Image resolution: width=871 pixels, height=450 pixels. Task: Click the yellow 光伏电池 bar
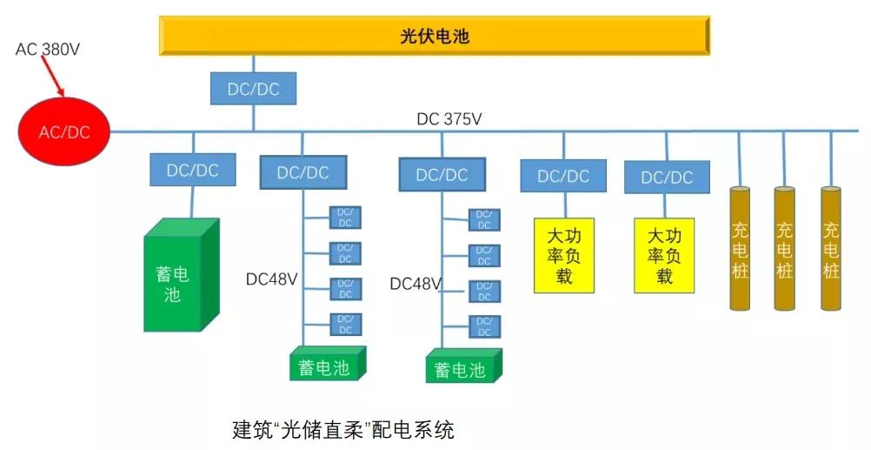click(x=434, y=37)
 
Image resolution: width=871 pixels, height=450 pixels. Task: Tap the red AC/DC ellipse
click(x=64, y=132)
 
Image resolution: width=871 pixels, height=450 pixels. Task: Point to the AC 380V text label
click(x=48, y=50)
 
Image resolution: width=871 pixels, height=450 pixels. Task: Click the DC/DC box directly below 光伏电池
click(x=253, y=89)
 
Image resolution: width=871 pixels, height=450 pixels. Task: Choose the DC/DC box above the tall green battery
click(x=192, y=170)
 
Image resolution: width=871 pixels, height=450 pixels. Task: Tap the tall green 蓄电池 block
click(x=179, y=276)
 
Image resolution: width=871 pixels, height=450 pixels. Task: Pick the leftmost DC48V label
click(x=271, y=279)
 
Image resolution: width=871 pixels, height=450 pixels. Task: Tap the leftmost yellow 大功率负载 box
click(x=563, y=255)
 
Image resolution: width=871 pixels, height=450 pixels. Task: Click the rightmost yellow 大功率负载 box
click(x=665, y=255)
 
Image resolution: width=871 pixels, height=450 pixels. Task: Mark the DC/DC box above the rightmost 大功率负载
click(x=667, y=177)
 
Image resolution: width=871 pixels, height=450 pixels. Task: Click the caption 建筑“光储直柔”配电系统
click(x=343, y=429)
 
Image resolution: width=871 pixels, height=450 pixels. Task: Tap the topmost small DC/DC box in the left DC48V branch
click(x=345, y=218)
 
